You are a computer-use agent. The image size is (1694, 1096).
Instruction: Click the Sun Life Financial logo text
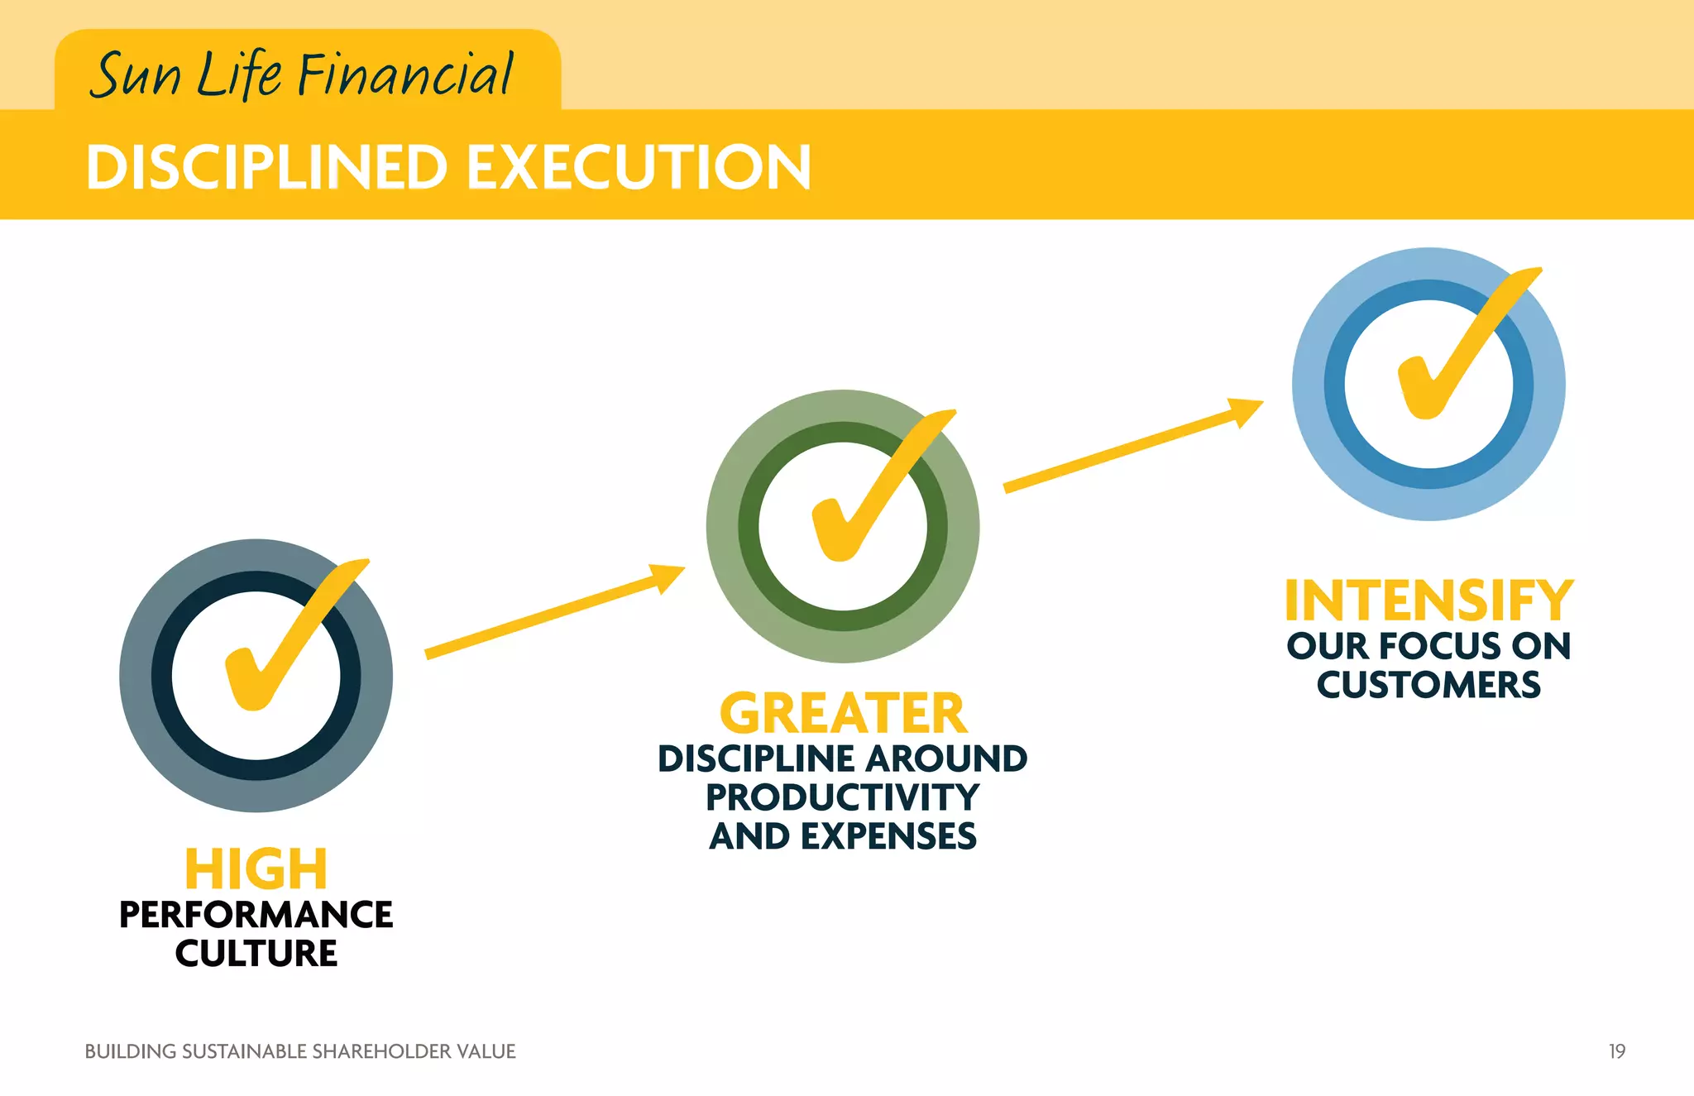coord(303,74)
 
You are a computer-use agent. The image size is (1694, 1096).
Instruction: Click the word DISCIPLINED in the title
coord(266,168)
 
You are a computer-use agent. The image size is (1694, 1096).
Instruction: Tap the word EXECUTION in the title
coord(639,168)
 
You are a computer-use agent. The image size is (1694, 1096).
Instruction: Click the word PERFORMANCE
coord(256,915)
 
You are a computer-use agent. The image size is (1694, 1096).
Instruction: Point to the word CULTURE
coord(256,954)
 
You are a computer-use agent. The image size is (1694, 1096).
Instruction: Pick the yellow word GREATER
coord(842,713)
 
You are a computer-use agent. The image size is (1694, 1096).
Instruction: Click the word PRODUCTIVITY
coord(842,797)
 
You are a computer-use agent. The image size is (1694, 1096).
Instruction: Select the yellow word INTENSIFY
coord(1428,601)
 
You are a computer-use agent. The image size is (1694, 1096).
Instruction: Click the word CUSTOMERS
coord(1428,685)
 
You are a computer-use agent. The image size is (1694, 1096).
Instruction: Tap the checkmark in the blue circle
coord(1460,347)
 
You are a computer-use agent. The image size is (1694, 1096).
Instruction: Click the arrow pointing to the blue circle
coord(1133,447)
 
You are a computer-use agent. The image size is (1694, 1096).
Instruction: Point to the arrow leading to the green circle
coord(554,612)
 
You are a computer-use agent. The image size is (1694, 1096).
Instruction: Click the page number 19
coord(1616,1051)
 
